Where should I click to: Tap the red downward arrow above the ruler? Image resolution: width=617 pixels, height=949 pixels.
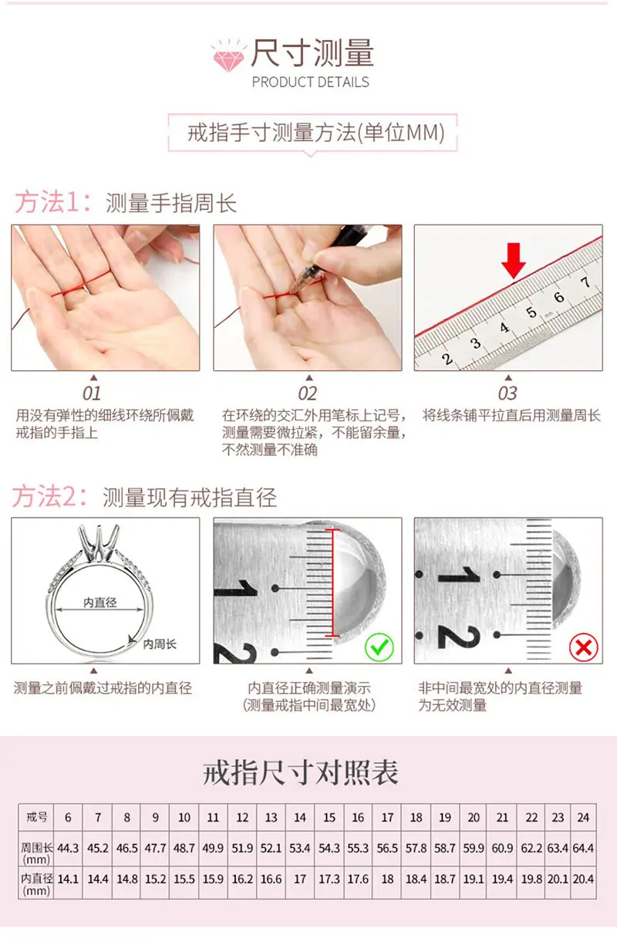click(x=514, y=261)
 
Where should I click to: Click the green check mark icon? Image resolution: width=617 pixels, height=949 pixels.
click(x=379, y=647)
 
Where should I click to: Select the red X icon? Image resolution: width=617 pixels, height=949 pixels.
click(x=584, y=647)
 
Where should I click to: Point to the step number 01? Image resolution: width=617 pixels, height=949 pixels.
click(x=92, y=393)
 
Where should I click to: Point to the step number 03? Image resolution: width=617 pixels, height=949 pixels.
click(x=507, y=393)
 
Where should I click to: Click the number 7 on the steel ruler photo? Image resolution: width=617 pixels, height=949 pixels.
click(x=585, y=282)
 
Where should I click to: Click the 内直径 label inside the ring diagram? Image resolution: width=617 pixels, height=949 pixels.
click(x=100, y=603)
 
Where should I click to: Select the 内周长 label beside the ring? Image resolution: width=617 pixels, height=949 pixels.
click(x=160, y=644)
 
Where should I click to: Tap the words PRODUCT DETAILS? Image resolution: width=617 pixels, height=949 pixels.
click(x=310, y=82)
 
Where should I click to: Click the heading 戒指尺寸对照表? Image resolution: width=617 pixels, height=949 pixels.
click(x=301, y=772)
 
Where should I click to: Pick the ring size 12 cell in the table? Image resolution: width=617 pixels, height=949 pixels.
click(x=242, y=817)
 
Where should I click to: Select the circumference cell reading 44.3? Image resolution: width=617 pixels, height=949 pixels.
click(x=68, y=848)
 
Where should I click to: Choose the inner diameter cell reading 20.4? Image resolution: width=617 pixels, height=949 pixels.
click(x=583, y=879)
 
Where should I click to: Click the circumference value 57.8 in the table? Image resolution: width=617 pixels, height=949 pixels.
click(x=416, y=848)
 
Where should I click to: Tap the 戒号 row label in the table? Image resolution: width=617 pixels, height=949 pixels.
click(x=36, y=816)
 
